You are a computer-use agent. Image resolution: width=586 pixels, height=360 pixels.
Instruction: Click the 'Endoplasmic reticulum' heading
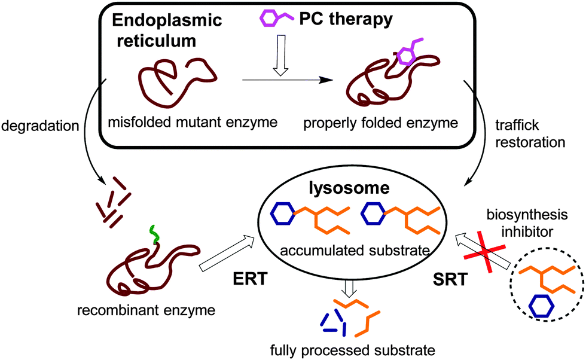[x=166, y=33]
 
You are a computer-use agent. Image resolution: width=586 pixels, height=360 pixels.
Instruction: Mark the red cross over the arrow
[x=486, y=254]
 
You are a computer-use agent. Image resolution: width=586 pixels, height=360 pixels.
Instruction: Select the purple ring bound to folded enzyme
[x=406, y=57]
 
